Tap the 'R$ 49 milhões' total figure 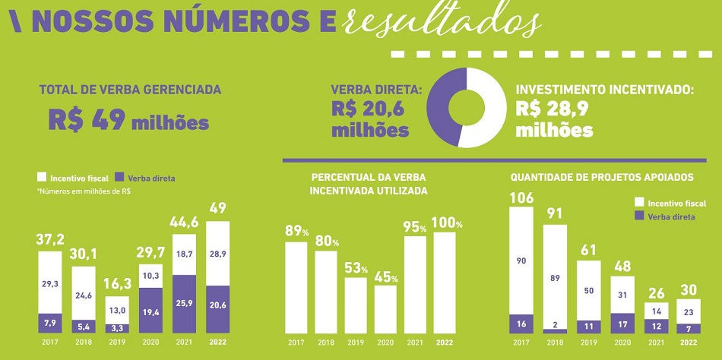128,119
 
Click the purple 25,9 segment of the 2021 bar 185,304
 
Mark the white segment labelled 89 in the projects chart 554,277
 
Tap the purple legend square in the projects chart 638,216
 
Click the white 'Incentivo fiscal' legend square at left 43,178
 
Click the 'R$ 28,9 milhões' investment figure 554,119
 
